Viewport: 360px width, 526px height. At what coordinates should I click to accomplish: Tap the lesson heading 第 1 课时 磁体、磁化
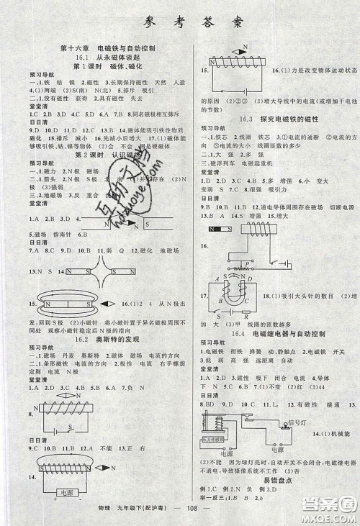pos(109,66)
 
